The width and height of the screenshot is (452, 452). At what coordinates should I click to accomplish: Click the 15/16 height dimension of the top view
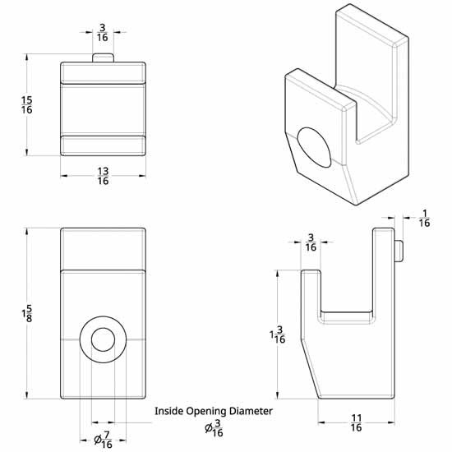pos(27,104)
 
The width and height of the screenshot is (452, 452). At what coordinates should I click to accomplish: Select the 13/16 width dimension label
pos(103,176)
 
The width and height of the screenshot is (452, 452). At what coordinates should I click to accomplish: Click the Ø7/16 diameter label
pos(103,440)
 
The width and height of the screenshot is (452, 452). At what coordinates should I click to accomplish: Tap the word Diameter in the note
pos(251,410)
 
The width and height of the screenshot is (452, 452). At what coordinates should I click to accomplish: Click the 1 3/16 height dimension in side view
pos(278,334)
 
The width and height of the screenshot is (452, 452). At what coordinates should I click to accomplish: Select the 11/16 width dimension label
pos(356,422)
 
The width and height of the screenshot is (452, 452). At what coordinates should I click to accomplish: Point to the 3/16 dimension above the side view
pos(311,242)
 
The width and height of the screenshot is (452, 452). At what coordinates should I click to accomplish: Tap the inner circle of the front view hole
pos(103,339)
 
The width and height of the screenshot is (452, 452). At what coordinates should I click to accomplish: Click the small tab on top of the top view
pos(103,56)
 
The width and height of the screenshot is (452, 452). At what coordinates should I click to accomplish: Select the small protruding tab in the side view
pos(399,249)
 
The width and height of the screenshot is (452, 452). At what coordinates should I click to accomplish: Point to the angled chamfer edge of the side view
pos(310,366)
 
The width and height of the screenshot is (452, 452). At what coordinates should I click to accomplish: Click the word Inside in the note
pos(171,410)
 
